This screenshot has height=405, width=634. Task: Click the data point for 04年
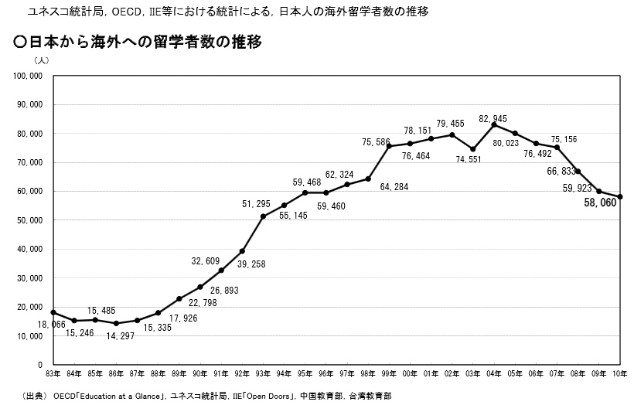point(493,124)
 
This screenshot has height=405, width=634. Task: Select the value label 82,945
point(493,118)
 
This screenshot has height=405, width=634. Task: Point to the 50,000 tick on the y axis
point(30,220)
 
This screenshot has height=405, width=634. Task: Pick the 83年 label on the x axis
point(53,374)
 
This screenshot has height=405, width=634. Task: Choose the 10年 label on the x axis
point(619,374)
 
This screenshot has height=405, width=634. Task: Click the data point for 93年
point(263,216)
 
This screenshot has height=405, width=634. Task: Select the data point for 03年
point(472,149)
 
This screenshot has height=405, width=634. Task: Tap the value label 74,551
point(472,160)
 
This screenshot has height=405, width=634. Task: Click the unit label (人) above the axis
point(41,60)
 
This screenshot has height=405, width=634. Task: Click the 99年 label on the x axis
point(389,374)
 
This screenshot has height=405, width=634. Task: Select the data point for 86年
point(116,323)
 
